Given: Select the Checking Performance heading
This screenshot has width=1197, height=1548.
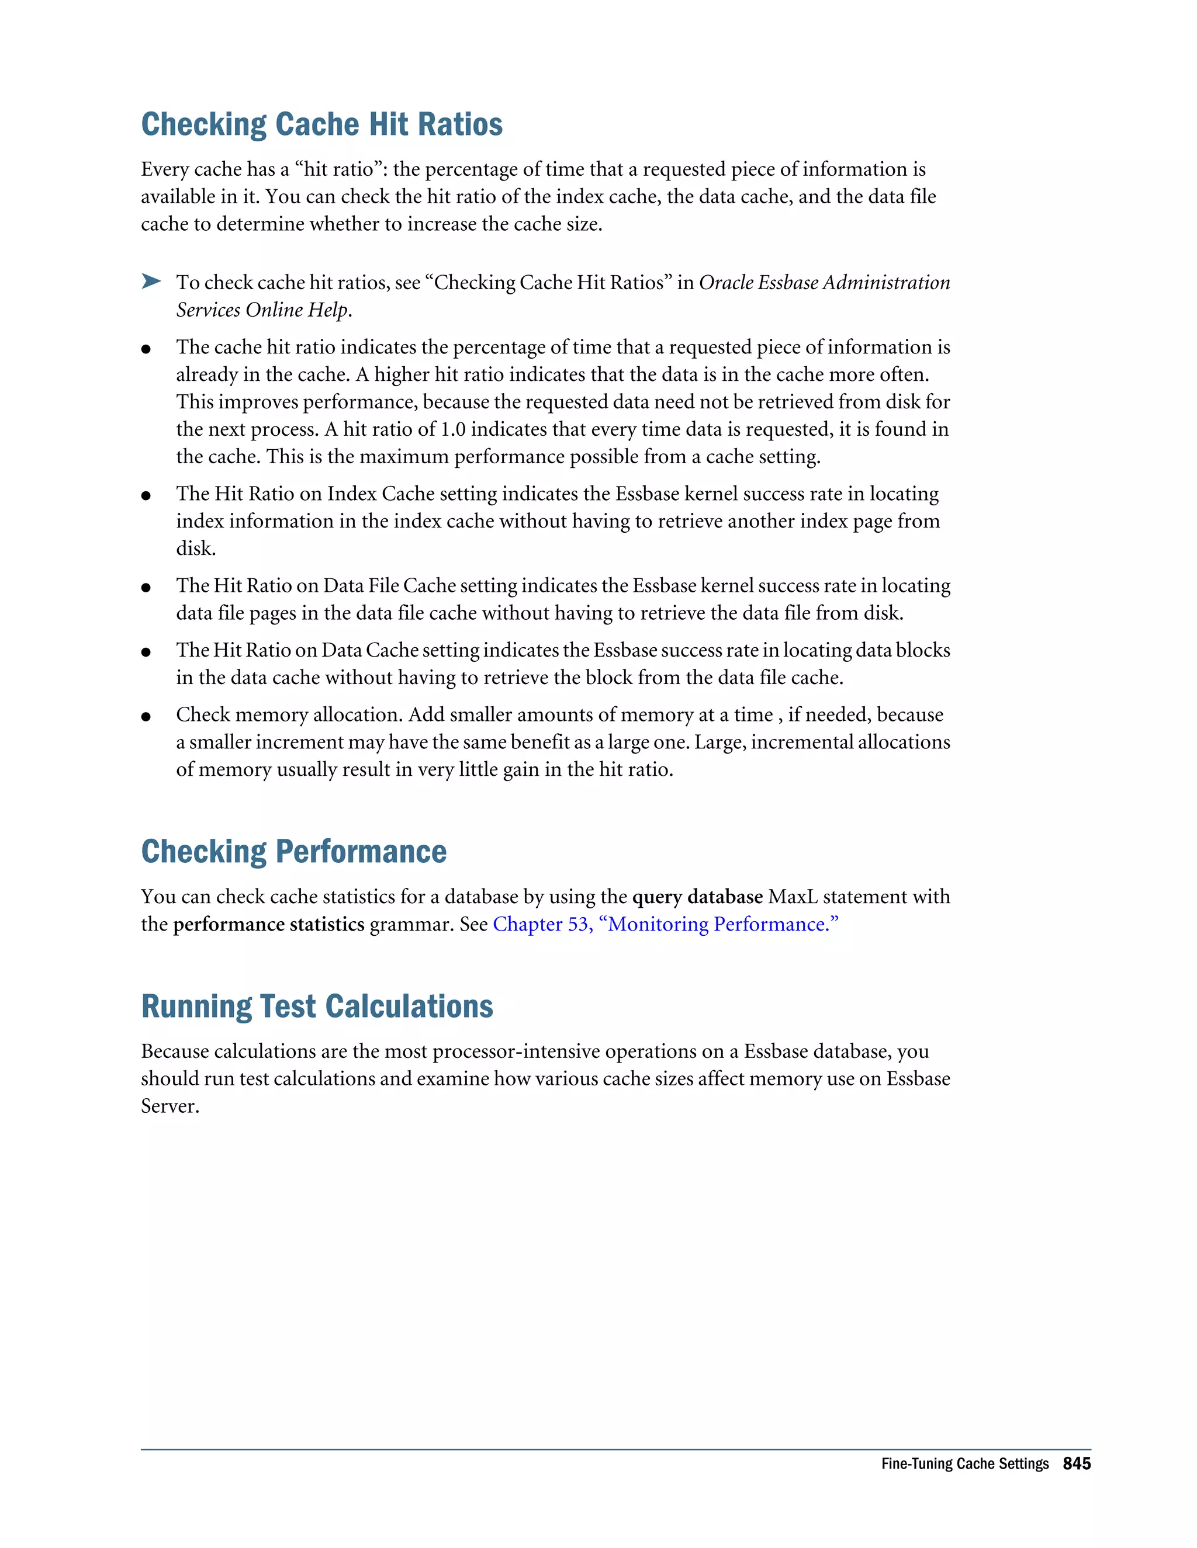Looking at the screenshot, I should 293,851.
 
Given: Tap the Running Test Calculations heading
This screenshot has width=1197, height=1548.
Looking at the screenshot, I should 317,1006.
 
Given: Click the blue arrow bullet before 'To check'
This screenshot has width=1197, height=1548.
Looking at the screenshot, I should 150,282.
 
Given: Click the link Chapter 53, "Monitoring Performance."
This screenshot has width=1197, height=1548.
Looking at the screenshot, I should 665,924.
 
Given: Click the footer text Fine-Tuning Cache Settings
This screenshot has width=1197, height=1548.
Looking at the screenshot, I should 964,1464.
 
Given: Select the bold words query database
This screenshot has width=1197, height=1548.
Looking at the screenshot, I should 697,897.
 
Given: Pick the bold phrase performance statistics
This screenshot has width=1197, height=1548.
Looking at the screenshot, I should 269,924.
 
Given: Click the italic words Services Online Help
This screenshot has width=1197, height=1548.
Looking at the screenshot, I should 262,310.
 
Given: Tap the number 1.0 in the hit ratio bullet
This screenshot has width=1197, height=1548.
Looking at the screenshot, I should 453,429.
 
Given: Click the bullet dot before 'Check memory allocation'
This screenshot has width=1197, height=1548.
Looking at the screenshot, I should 146,717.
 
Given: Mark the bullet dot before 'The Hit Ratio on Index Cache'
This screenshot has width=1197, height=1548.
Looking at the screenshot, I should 146,495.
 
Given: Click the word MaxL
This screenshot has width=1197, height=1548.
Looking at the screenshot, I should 792,897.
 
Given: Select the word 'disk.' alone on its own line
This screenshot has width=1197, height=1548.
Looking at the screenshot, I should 196,549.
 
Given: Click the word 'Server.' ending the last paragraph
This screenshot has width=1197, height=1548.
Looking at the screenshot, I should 169,1106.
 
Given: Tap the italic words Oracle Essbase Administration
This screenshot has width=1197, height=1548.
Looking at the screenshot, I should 824,282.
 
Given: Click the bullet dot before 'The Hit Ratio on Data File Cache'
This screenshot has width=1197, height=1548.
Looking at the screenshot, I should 146,588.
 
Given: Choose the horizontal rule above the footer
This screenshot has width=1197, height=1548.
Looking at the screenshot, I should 615,1449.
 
